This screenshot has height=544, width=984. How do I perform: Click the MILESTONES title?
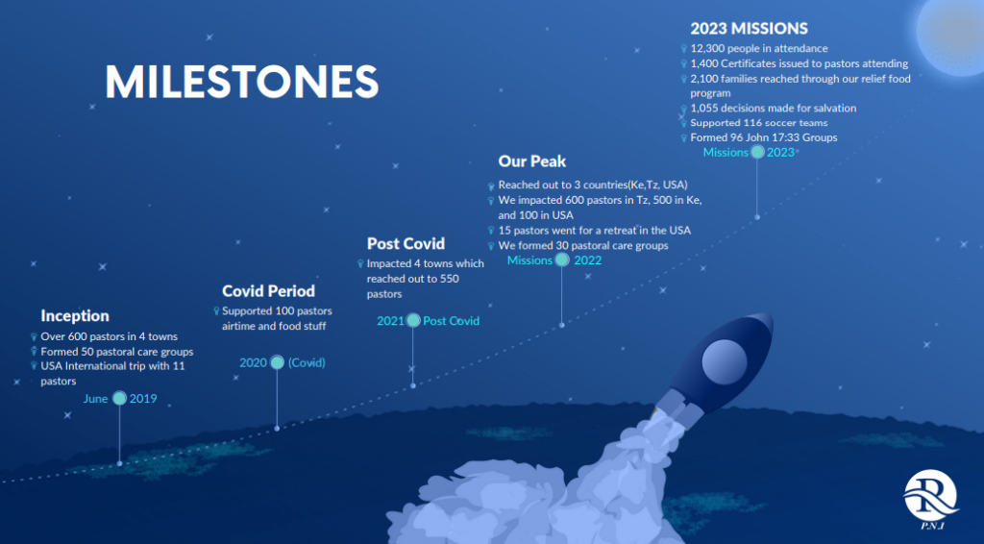pos(241,82)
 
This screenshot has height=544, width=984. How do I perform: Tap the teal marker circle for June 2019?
pos(119,398)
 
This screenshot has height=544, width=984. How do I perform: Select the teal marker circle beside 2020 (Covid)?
pos(277,362)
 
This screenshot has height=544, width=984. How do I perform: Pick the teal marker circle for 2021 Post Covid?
pos(413,320)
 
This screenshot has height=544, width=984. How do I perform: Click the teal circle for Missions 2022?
pos(561,260)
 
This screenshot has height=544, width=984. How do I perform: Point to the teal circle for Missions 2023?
pos(757,152)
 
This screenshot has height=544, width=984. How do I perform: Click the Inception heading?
pos(75,315)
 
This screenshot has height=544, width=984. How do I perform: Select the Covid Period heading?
pos(269,291)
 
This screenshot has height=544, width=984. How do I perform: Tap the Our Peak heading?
pos(532,161)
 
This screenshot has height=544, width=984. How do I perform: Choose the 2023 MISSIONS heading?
pos(749,28)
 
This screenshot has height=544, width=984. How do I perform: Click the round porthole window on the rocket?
pos(725,362)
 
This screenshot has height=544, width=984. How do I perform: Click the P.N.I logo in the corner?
pos(931,500)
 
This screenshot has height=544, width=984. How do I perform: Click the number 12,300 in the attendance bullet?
pos(706,48)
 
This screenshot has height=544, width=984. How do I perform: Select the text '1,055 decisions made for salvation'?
pos(774,108)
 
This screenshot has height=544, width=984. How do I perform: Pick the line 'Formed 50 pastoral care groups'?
pos(116,352)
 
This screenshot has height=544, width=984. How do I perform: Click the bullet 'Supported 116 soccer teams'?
pos(759,123)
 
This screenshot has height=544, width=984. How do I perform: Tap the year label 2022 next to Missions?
pos(587,260)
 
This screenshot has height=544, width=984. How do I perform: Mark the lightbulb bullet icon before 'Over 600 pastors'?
pos(34,337)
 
